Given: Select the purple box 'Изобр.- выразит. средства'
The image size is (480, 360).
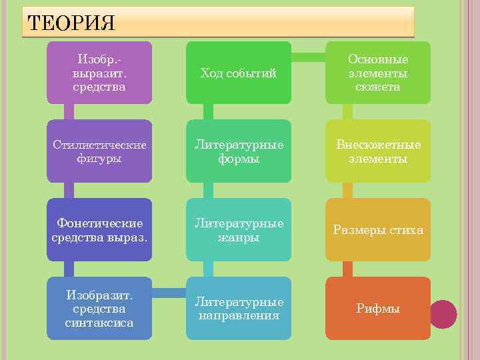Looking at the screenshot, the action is tap(99, 73).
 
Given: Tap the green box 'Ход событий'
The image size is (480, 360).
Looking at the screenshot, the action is tap(238, 73).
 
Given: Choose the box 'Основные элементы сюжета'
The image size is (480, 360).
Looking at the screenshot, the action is tap(377, 73).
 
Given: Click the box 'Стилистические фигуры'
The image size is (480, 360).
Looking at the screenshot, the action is tap(99, 151).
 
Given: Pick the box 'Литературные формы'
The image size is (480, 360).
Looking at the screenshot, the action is tap(238, 151).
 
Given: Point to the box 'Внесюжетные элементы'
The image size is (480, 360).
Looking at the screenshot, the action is tap(377, 151).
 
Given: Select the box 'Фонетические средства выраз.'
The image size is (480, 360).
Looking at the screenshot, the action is tap(99, 230).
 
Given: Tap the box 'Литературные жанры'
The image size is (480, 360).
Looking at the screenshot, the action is tap(238, 230).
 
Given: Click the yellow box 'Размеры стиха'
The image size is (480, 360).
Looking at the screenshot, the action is tap(377, 230).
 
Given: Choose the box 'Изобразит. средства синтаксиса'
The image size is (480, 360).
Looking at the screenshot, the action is tap(99, 308).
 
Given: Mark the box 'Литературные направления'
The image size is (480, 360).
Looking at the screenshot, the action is tap(238, 308).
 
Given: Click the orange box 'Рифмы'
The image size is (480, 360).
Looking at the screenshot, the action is tap(377, 308).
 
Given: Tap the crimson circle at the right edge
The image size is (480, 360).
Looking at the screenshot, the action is tap(443, 314).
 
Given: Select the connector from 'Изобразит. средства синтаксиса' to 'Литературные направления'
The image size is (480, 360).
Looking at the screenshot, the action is tap(169, 292).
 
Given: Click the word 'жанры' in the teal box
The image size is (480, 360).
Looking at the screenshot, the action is tap(238, 237).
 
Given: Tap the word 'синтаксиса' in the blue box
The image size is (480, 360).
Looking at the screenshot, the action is tap(99, 323).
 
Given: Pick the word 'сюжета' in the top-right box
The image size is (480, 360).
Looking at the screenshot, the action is tap(377, 87).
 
